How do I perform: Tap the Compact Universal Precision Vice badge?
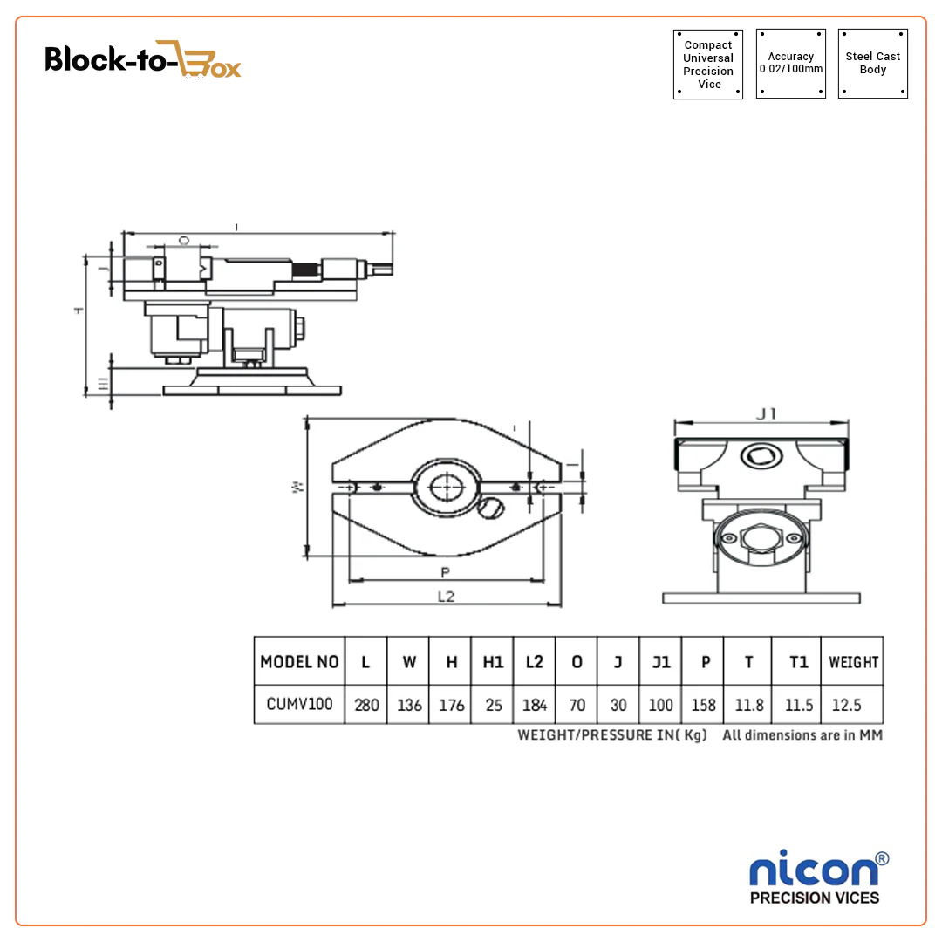(x=708, y=65)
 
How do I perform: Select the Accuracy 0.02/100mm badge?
(x=790, y=63)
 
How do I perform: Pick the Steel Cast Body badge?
(x=872, y=63)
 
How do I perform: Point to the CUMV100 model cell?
(x=299, y=704)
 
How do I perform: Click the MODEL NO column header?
(x=299, y=662)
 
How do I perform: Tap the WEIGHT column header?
(x=853, y=663)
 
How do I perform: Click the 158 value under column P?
(x=706, y=705)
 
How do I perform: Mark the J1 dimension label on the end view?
(x=766, y=413)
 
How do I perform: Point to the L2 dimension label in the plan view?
(x=446, y=597)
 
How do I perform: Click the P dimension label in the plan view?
(x=445, y=573)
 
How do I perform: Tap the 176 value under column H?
(x=451, y=705)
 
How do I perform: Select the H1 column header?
(x=493, y=662)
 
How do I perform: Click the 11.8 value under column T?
(x=748, y=705)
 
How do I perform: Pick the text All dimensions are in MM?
(x=802, y=735)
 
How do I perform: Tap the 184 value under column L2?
(x=535, y=705)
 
